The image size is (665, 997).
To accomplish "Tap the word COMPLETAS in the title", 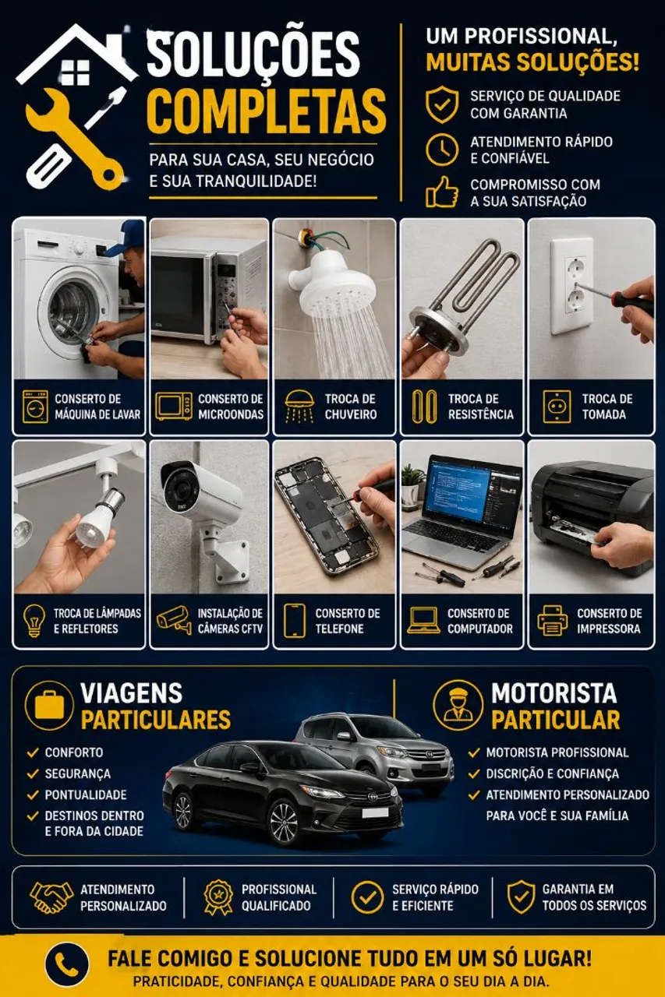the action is [267, 111].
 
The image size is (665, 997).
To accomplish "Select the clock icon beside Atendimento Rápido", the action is [441, 150].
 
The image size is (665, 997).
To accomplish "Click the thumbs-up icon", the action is [442, 192].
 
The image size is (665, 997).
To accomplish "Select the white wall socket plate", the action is [572, 286].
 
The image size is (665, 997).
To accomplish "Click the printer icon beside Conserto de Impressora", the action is [552, 621].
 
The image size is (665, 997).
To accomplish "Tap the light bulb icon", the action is [34, 621].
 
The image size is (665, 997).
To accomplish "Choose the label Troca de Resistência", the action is [480, 407].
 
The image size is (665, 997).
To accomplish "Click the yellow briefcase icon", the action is [49, 705].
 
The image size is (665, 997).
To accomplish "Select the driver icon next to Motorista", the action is [458, 705].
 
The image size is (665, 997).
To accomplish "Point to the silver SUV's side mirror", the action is [344, 736].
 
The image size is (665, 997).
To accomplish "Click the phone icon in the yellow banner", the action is [66, 964].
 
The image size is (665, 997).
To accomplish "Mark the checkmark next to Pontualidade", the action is [33, 794].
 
